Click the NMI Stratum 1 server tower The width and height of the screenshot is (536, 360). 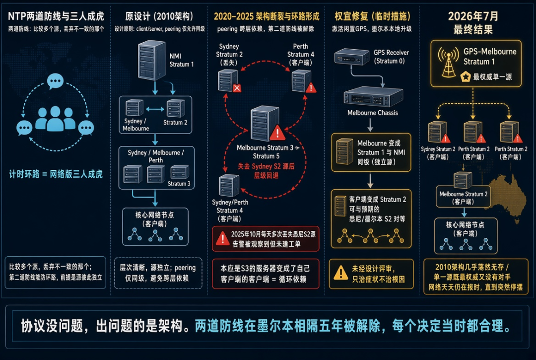151,60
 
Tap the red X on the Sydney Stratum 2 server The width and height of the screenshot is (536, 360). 237,88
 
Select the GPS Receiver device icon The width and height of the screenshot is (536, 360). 352,57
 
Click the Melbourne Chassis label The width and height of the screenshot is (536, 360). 373,113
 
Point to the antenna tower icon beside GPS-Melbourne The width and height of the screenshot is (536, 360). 449,63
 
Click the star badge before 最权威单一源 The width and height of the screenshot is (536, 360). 465,76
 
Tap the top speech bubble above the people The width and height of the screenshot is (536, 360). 55,81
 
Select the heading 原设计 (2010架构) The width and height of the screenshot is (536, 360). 159,16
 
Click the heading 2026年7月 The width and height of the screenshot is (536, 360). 473,16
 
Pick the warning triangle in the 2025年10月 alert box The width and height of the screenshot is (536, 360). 222,238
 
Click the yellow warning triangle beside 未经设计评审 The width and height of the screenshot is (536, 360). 340,273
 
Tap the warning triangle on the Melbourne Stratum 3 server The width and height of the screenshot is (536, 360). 277,133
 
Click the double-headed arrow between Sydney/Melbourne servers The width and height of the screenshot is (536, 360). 155,109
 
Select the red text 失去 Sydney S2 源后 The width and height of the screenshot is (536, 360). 266,166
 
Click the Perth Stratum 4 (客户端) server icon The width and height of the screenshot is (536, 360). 302,81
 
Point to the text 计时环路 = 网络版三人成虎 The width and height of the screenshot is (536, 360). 56,174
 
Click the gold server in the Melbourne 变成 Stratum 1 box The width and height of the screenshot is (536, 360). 344,151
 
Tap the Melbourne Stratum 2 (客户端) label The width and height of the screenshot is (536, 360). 463,198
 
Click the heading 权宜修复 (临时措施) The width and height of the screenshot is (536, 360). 372,16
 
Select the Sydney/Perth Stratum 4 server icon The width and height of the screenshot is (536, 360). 229,186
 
